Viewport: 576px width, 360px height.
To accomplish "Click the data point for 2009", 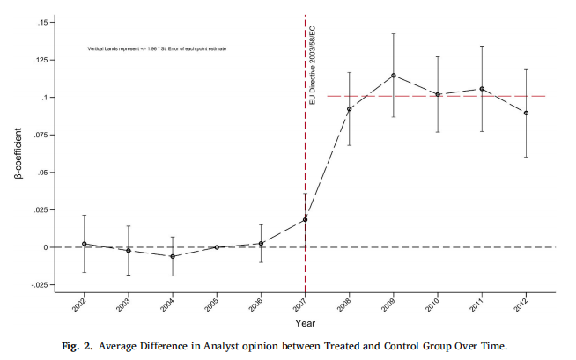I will (x=393, y=76).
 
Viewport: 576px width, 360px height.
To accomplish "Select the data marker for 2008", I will (x=350, y=109).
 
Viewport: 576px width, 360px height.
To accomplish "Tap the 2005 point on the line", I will (x=217, y=247).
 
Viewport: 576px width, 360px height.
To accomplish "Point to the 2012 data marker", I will (x=526, y=113).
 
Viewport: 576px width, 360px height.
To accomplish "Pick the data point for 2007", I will (x=305, y=220).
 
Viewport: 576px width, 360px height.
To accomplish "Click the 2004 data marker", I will (x=173, y=256).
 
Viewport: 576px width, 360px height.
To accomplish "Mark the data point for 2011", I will (x=482, y=89).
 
